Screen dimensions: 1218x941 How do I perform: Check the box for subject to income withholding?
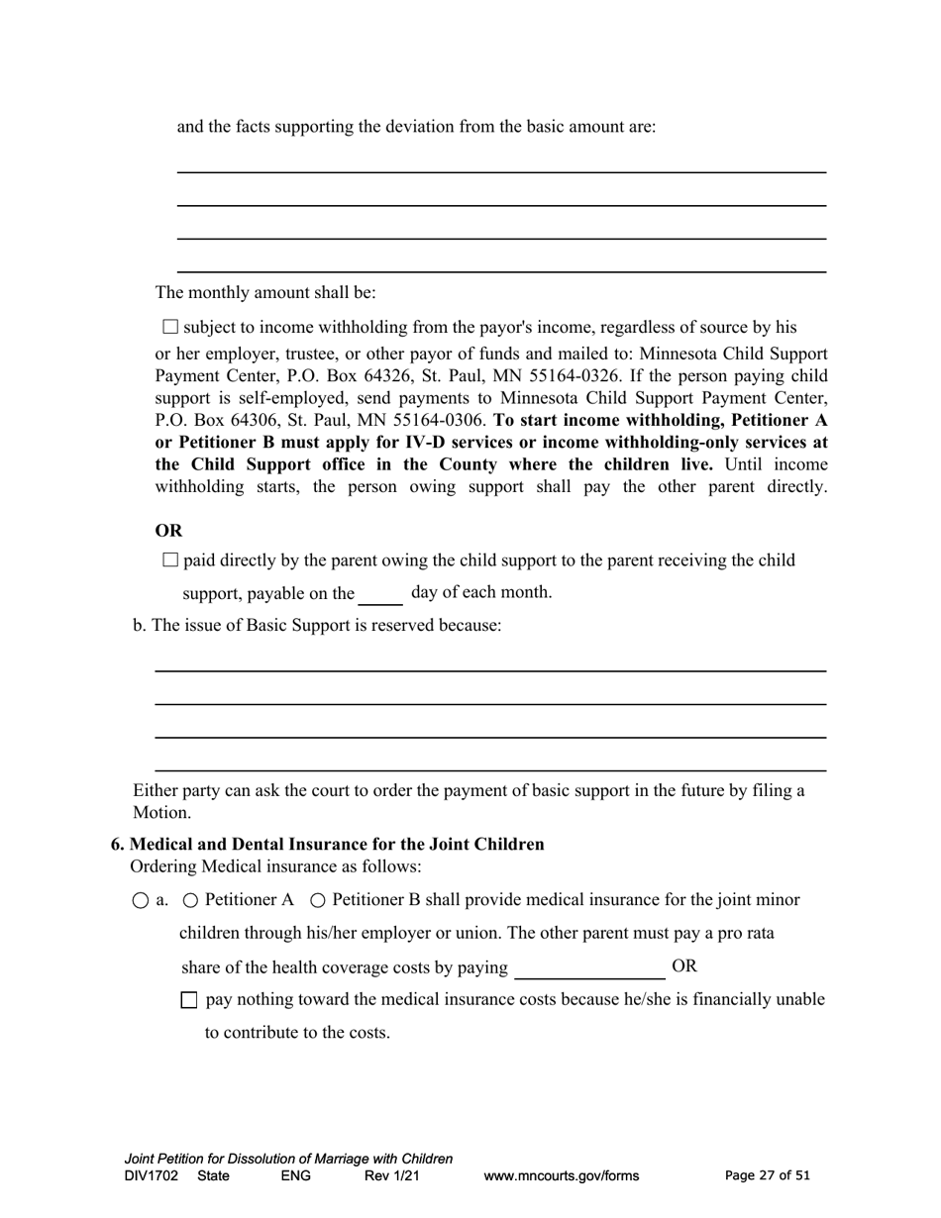point(169,327)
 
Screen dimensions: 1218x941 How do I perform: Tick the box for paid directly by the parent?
point(169,560)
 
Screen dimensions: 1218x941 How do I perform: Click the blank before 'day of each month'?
point(380,594)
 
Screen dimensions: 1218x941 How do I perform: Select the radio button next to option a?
point(141,901)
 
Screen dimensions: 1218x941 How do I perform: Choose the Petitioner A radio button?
point(191,900)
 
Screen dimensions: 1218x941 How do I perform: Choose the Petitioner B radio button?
point(318,900)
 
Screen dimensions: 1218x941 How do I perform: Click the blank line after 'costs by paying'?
point(589,967)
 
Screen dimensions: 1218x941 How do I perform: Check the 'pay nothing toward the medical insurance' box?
point(189,1000)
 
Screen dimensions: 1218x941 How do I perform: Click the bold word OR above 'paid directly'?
point(169,530)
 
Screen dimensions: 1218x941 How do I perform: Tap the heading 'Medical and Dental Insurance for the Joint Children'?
point(337,845)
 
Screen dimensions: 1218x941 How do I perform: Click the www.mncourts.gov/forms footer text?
point(561,1176)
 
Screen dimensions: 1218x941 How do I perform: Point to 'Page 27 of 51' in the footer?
point(767,1176)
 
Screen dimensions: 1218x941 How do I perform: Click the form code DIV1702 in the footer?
point(152,1176)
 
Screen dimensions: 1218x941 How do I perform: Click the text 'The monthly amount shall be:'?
point(265,293)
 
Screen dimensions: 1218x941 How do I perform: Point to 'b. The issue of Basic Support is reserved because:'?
point(317,626)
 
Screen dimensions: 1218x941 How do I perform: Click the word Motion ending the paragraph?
point(161,813)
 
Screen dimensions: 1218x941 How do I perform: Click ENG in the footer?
point(296,1176)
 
